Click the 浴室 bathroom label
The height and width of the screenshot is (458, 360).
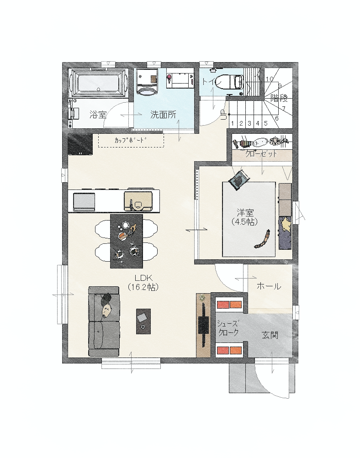pyautogui.click(x=98, y=115)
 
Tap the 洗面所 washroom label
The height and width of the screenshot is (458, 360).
pyautogui.click(x=163, y=115)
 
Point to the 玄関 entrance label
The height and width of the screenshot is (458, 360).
pyautogui.click(x=270, y=335)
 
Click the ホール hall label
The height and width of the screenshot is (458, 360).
pyautogui.click(x=269, y=286)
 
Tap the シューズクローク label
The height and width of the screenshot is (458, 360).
pyautogui.click(x=228, y=328)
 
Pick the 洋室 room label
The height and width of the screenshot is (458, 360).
pyautogui.click(x=245, y=213)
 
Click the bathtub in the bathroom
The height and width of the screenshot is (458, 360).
pyautogui.click(x=99, y=82)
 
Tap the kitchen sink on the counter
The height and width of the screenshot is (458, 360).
pyautogui.click(x=138, y=201)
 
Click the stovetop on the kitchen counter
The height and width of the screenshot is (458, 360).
pyautogui.click(x=84, y=201)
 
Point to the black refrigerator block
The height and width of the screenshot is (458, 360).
pyautogui.click(x=80, y=144)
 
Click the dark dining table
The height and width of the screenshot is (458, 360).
pyautogui.click(x=127, y=241)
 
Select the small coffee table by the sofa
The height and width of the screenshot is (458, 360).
pyautogui.click(x=143, y=321)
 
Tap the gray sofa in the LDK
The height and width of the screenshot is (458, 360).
pyautogui.click(x=104, y=321)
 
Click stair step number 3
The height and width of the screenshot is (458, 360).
pyautogui.click(x=249, y=123)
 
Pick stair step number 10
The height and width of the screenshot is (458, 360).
pyautogui.click(x=270, y=79)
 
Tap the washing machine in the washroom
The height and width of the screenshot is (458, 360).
pyautogui.click(x=148, y=82)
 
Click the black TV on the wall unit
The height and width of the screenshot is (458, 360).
pyautogui.click(x=203, y=324)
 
